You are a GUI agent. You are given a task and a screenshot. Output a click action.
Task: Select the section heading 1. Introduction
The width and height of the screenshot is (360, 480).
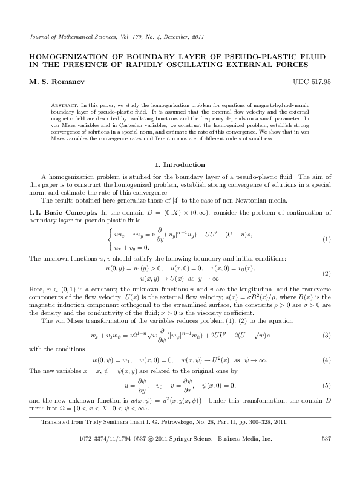(x=180, y=164)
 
